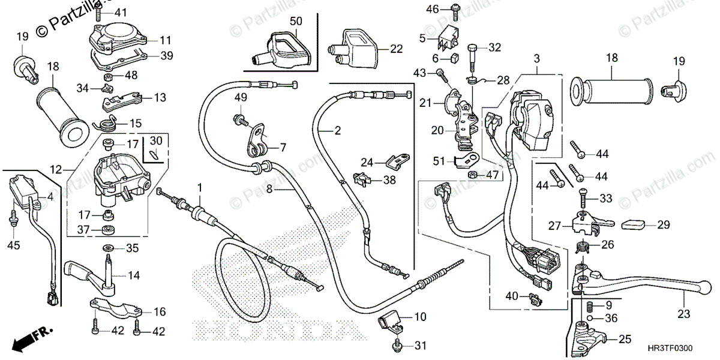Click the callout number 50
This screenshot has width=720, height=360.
[296, 21]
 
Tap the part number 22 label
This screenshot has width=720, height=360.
[397, 49]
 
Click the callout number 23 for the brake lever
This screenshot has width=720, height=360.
[684, 313]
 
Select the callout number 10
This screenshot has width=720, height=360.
[420, 316]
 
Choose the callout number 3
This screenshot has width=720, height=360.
[536, 58]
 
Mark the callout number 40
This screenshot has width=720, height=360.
[512, 296]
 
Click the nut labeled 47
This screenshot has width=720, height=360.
[472, 175]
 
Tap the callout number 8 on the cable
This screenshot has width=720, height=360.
[270, 188]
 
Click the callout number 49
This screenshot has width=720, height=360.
[241, 98]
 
